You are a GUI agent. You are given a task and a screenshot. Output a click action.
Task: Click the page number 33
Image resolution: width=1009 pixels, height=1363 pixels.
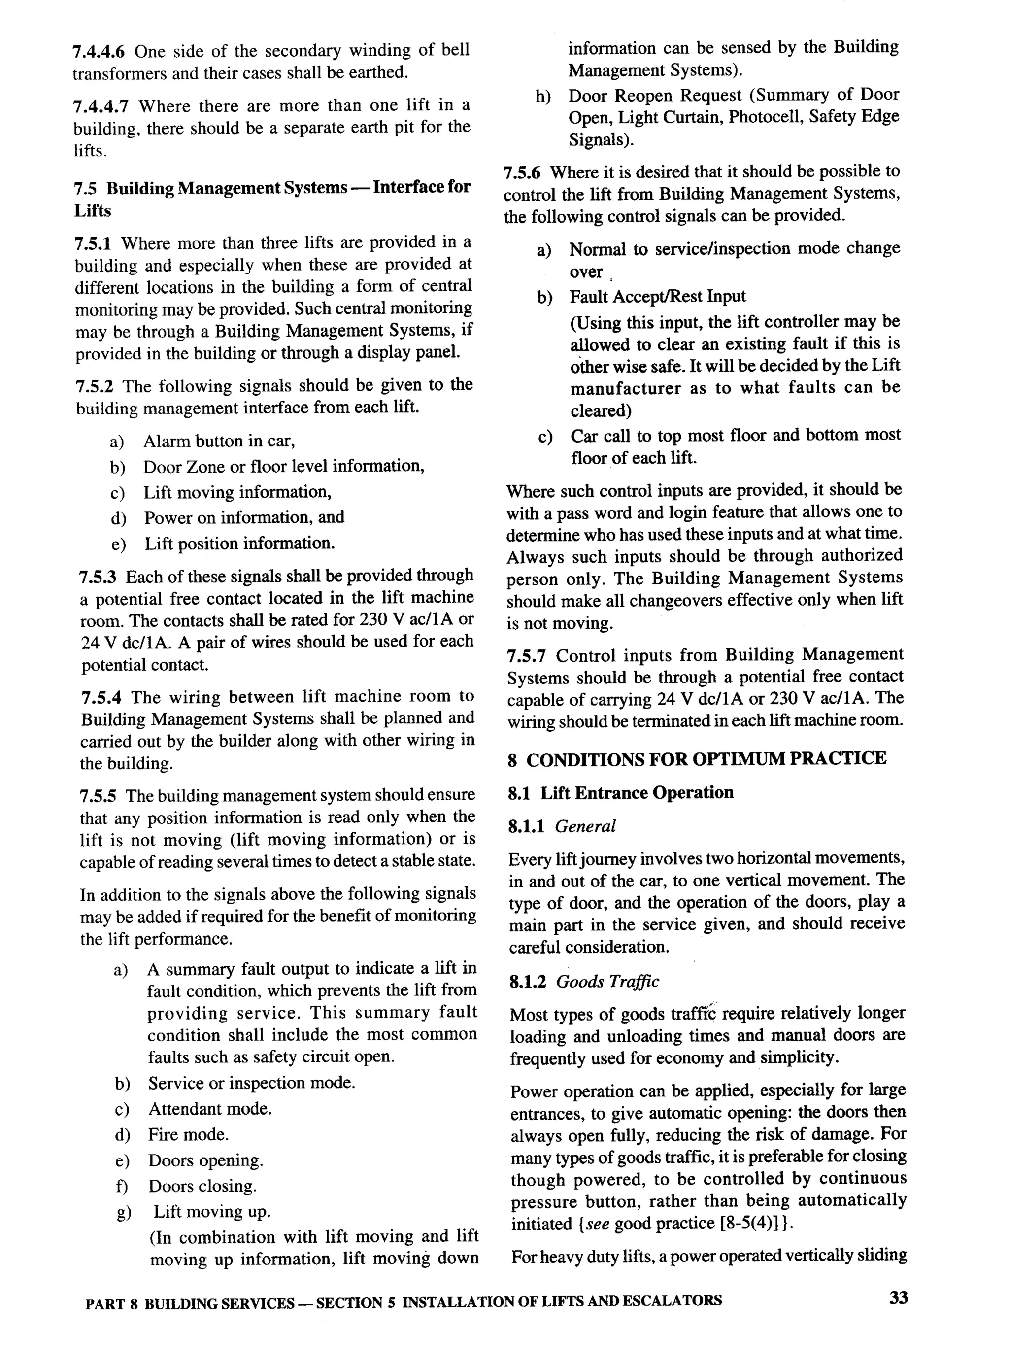898,1297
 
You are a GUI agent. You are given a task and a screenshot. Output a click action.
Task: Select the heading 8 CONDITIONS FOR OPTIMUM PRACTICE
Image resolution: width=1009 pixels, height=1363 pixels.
696,759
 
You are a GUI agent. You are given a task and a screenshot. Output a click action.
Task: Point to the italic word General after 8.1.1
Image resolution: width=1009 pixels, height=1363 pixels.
585,826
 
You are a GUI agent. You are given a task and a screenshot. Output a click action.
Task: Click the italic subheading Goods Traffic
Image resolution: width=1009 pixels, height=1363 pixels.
607,982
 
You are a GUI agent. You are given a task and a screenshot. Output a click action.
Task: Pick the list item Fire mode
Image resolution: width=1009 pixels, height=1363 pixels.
188,1135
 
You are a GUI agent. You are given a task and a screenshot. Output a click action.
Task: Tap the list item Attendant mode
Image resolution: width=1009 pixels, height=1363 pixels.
209,1109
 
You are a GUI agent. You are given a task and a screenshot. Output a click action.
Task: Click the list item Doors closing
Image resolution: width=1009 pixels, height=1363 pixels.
202,1187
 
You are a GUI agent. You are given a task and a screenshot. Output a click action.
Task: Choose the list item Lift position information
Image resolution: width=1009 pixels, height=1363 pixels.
239,543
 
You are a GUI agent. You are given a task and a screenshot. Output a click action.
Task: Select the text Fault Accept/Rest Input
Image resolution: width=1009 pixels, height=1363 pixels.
657,297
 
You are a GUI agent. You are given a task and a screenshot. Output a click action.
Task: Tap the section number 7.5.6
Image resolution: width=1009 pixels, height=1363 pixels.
522,173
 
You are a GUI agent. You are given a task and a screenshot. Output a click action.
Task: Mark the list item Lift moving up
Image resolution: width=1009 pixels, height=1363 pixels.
211,1212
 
